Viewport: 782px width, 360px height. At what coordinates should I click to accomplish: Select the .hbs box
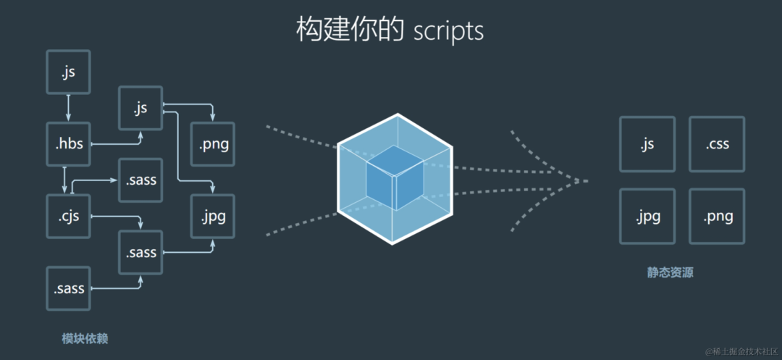[68, 144]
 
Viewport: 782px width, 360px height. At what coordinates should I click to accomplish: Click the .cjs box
[68, 216]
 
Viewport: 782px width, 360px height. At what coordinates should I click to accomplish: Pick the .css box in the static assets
[717, 144]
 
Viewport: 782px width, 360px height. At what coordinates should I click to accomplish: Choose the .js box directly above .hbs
[68, 72]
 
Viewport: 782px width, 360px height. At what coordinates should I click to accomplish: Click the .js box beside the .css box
[647, 144]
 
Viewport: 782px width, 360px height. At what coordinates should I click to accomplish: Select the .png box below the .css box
[717, 216]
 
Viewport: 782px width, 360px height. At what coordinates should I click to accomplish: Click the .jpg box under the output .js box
[647, 216]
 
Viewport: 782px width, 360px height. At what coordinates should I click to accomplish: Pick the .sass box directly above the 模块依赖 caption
[68, 288]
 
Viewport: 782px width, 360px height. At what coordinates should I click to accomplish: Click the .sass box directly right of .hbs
[141, 180]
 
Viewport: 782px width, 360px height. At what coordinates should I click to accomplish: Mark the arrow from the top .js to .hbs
[68, 107]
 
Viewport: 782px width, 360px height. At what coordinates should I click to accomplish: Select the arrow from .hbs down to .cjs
[64, 180]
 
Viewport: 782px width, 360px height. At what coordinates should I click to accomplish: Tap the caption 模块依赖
[85, 338]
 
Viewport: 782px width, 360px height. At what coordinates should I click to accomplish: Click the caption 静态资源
[670, 273]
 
